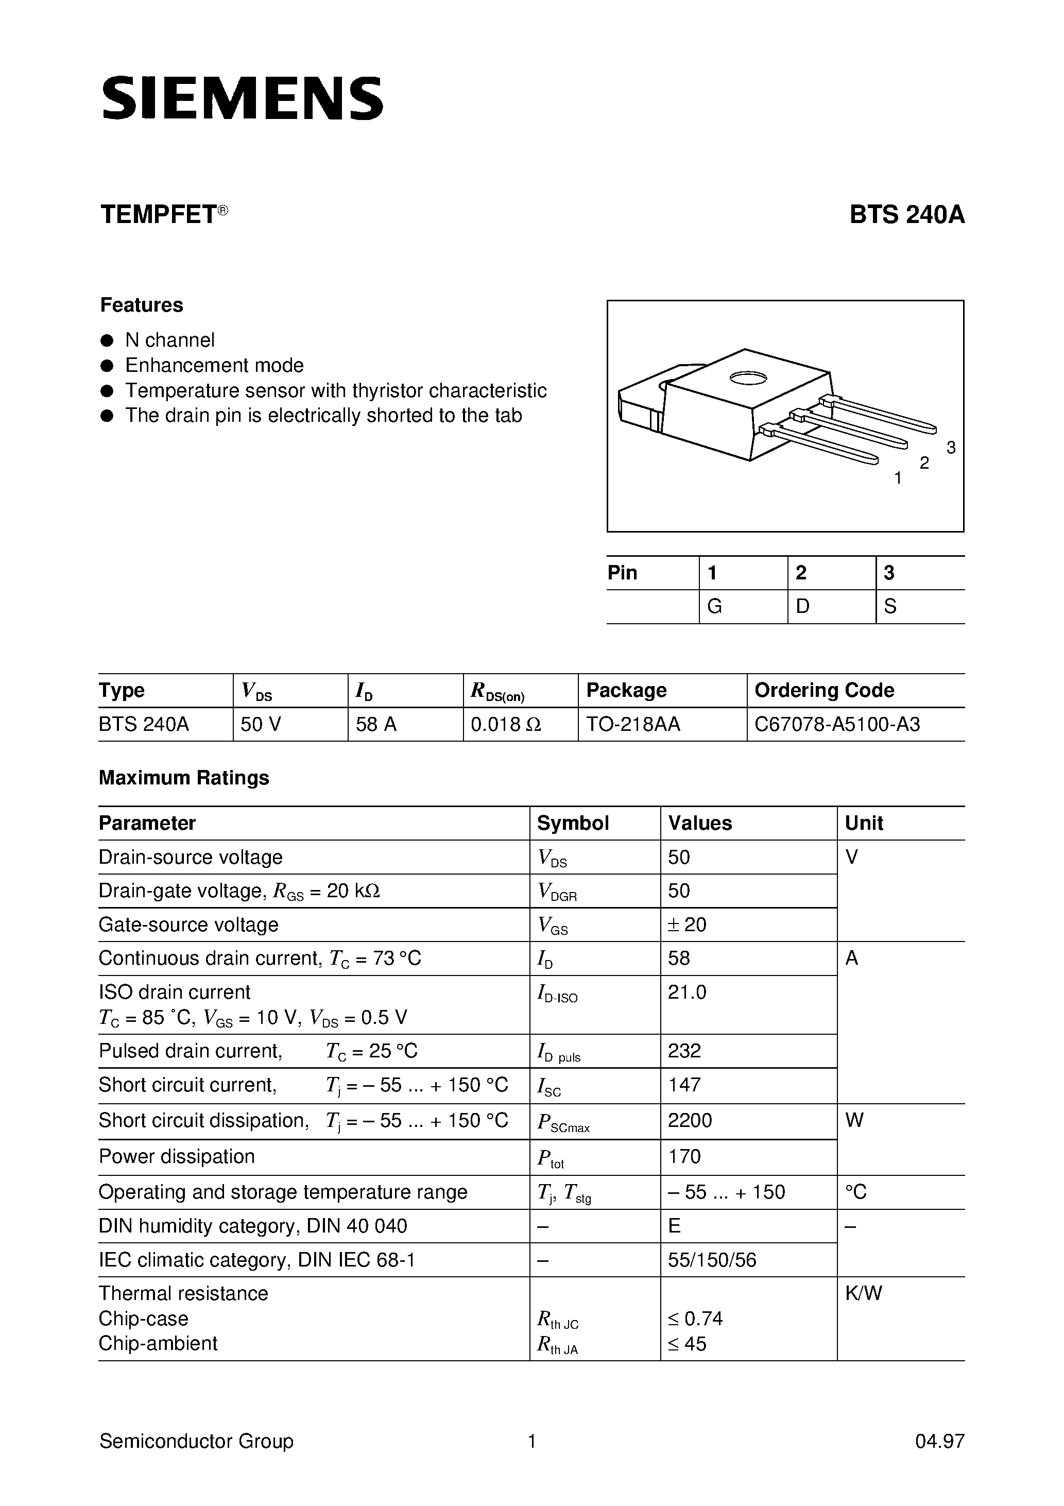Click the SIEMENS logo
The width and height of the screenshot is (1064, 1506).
click(242, 99)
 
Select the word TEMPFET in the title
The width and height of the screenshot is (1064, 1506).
click(158, 215)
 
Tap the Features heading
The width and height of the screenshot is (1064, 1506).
click(141, 305)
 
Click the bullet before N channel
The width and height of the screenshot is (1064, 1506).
click(106, 340)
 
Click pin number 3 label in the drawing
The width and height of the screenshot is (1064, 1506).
click(951, 448)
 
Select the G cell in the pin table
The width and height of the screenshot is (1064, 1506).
click(714, 606)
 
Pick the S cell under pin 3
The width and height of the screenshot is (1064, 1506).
click(890, 606)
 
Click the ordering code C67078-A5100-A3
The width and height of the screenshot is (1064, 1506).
click(837, 724)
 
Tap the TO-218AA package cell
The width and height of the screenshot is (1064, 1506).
click(633, 724)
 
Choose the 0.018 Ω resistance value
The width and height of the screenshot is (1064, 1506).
click(506, 724)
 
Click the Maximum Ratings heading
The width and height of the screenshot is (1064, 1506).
click(184, 778)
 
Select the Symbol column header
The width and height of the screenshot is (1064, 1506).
click(573, 823)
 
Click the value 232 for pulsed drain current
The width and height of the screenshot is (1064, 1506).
click(684, 1051)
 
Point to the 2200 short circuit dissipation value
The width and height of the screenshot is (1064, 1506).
click(690, 1120)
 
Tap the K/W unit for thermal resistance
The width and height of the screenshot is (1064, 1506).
click(863, 1293)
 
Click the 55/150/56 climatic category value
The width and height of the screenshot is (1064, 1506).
click(712, 1260)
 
